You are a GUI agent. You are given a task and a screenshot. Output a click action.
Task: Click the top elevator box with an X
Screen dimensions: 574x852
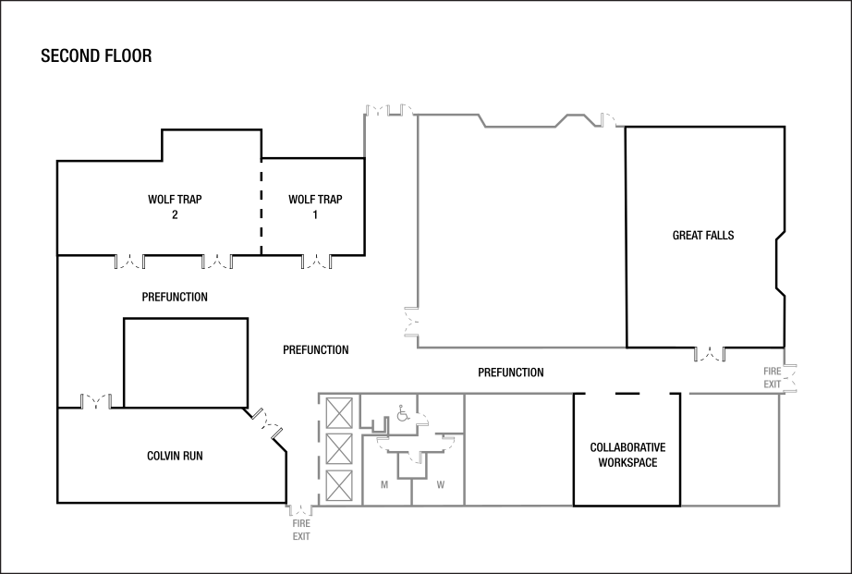pyautogui.click(x=340, y=412)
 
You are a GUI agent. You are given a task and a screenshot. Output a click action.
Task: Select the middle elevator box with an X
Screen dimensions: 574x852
pyautogui.click(x=340, y=449)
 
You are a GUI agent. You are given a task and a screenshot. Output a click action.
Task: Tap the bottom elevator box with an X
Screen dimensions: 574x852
pyautogui.click(x=340, y=486)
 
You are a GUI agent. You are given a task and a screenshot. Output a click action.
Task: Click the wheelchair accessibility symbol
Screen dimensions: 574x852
pyautogui.click(x=403, y=413)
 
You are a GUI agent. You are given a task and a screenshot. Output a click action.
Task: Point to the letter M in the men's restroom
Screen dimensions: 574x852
pyautogui.click(x=384, y=485)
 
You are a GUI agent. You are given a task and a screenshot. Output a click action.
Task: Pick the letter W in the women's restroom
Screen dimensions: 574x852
pyautogui.click(x=440, y=485)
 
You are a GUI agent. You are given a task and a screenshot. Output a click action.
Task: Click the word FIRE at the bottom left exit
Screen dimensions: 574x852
pyautogui.click(x=301, y=524)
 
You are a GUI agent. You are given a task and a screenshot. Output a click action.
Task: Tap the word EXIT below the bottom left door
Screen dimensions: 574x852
pyautogui.click(x=301, y=537)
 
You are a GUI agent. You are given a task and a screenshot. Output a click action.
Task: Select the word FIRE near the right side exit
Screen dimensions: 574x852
pyautogui.click(x=773, y=372)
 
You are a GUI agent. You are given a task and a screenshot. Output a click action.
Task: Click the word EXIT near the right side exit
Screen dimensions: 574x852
pyautogui.click(x=773, y=384)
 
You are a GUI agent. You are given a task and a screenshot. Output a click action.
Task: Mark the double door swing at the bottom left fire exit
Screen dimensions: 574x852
pyautogui.click(x=300, y=509)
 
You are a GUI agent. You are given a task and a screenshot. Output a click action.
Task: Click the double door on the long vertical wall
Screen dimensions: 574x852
pyautogui.click(x=410, y=322)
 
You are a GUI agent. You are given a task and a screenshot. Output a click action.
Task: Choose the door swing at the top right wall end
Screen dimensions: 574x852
pyautogui.click(x=613, y=120)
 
